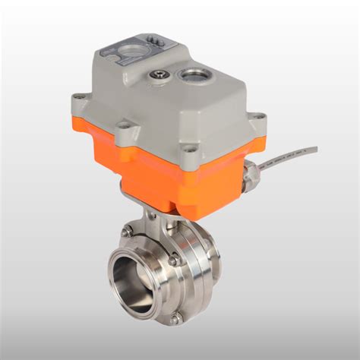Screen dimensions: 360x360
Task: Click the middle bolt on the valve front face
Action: click(x=173, y=261)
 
